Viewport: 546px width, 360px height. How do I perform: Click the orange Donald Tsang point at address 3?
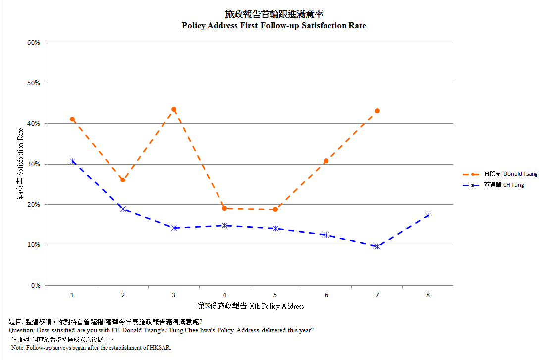pyautogui.click(x=174, y=109)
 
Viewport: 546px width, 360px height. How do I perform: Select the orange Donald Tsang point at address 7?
pyautogui.click(x=377, y=111)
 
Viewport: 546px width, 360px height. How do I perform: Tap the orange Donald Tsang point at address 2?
pyautogui.click(x=123, y=180)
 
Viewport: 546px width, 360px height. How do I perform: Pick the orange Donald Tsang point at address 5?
pyautogui.click(x=275, y=209)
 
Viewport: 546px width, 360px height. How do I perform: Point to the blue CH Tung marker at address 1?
pyautogui.click(x=72, y=161)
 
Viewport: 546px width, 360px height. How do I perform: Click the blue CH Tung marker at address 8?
pyautogui.click(x=428, y=215)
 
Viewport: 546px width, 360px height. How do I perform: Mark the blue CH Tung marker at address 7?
pyautogui.click(x=377, y=246)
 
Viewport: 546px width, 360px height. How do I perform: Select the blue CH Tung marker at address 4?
pyautogui.click(x=224, y=225)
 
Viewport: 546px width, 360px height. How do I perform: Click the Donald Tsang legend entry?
pyautogui.click(x=510, y=174)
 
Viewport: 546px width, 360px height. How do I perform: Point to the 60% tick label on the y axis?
pyautogui.click(x=34, y=43)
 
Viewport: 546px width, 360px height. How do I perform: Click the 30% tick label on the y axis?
pyautogui.click(x=34, y=164)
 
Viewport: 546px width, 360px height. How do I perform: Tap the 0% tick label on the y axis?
pyautogui.click(x=36, y=286)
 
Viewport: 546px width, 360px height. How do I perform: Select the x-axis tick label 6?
pyautogui.click(x=326, y=295)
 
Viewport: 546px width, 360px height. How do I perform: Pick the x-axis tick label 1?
pyautogui.click(x=72, y=295)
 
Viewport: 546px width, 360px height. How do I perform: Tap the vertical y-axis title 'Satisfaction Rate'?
pyautogui.click(x=20, y=164)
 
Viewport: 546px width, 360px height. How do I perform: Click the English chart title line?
pyautogui.click(x=273, y=25)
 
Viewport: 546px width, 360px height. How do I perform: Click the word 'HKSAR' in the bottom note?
pyautogui.click(x=161, y=348)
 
